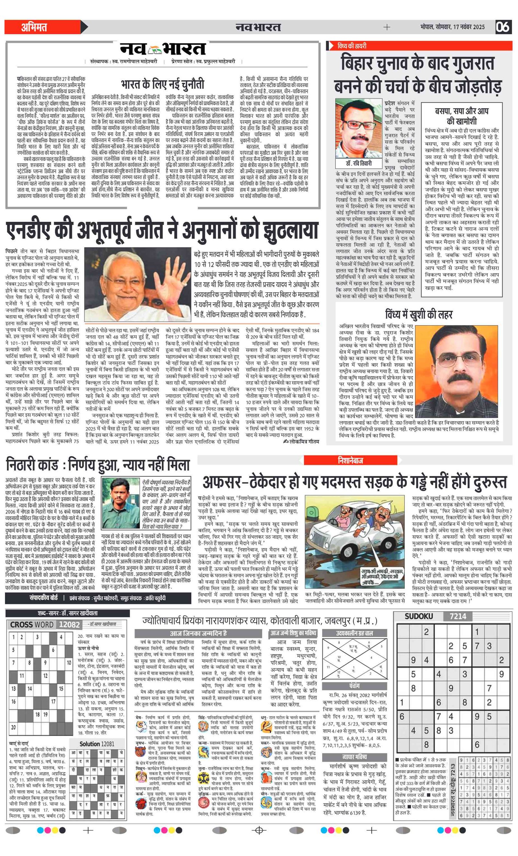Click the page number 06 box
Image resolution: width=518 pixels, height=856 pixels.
[x=503, y=27]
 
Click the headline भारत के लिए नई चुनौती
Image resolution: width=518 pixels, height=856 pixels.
[x=163, y=84]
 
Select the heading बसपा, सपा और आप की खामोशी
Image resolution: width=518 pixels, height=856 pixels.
[x=461, y=116]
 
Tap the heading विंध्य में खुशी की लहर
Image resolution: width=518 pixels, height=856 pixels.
[x=419, y=314]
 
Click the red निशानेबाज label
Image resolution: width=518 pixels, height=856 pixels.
[x=350, y=460]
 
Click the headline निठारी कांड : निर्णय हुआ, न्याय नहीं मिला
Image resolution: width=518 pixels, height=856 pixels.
[x=98, y=465]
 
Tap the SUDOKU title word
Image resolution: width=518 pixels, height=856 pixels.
[x=419, y=616]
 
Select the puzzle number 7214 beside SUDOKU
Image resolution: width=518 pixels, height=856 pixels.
[x=457, y=616]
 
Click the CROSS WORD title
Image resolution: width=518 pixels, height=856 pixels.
[x=32, y=624]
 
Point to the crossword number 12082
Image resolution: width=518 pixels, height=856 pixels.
[x=70, y=624]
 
